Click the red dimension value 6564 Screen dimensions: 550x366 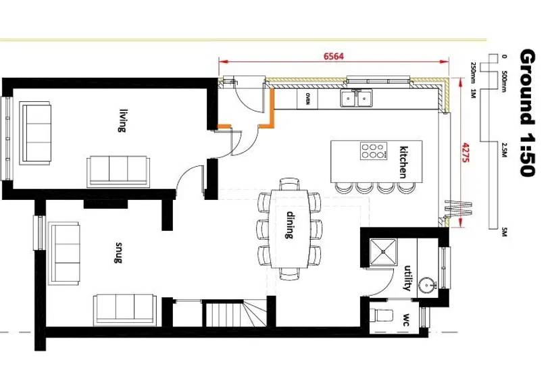click(334, 56)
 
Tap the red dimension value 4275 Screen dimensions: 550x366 click(466, 153)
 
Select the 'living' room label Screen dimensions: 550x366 click(122, 121)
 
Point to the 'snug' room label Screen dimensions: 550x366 click(118, 253)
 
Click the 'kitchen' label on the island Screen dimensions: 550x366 click(404, 162)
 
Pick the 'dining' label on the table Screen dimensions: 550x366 click(290, 225)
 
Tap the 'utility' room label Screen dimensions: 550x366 click(407, 278)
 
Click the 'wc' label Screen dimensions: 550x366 click(406, 319)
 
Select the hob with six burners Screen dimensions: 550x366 click(374, 151)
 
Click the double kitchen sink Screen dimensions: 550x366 click(356, 98)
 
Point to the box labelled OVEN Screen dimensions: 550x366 click(307, 99)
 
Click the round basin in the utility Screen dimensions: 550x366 click(427, 286)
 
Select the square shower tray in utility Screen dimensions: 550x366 click(383, 252)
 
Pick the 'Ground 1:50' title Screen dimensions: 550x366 click(527, 113)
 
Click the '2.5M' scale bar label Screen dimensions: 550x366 click(505, 150)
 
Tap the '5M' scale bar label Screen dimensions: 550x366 click(505, 232)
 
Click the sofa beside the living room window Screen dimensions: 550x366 click(35, 133)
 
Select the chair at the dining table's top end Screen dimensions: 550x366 click(290, 184)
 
